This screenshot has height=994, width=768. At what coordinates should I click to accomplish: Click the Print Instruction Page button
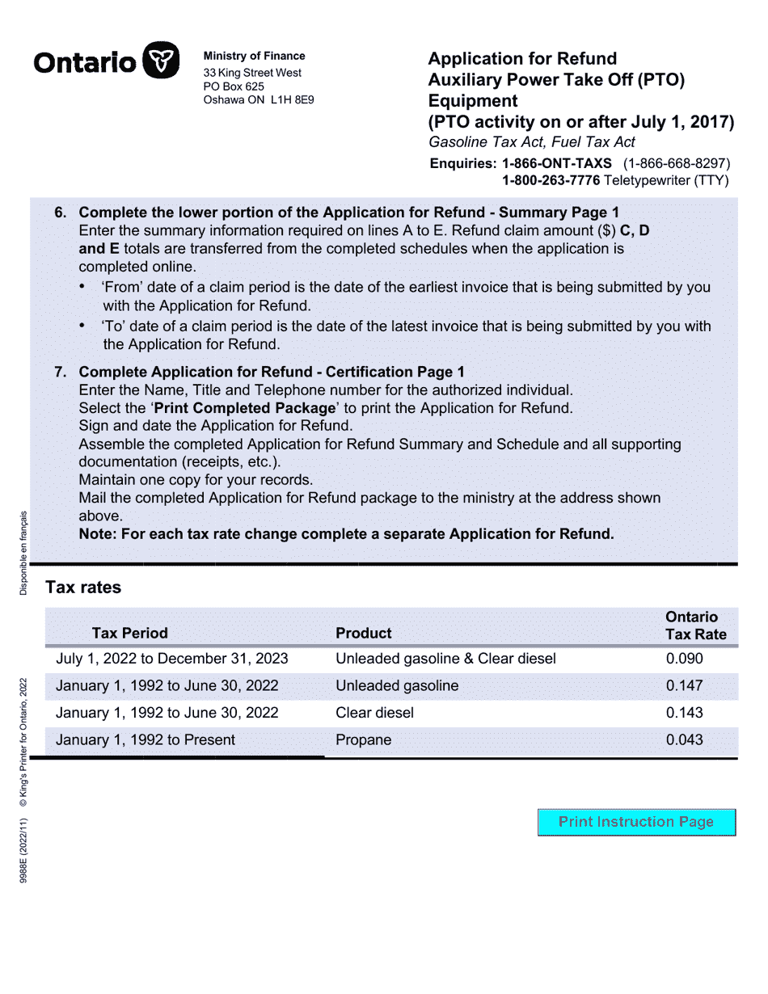point(636,822)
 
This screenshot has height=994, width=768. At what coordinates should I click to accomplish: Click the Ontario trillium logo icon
point(160,61)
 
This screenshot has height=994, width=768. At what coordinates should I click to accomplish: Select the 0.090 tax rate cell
point(684,659)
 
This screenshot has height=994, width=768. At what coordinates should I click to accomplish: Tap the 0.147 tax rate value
point(684,686)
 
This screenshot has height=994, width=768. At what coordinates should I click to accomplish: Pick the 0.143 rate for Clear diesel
point(684,713)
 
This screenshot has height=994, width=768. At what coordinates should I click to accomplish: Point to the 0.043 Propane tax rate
point(684,739)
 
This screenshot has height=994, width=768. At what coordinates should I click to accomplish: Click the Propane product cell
point(363,739)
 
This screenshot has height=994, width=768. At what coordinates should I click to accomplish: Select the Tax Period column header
point(129,633)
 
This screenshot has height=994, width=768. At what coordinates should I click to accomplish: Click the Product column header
point(363,633)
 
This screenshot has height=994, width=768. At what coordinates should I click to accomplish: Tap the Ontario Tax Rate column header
point(695,625)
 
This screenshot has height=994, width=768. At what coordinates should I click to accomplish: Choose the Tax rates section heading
point(83,588)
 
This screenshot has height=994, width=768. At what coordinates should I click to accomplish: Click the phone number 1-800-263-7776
point(551,180)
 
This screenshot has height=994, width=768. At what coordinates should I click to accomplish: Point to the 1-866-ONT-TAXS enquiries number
point(557,162)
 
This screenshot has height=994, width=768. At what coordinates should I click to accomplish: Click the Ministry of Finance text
point(254,56)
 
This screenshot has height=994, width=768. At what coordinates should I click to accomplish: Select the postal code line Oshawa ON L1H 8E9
point(258,100)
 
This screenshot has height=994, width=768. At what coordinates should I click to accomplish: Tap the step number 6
point(60,213)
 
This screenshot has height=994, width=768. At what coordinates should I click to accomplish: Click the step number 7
point(60,372)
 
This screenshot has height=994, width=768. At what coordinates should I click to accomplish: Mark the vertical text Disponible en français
point(23,553)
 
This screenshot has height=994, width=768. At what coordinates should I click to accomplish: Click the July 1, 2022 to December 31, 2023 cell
point(171,659)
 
